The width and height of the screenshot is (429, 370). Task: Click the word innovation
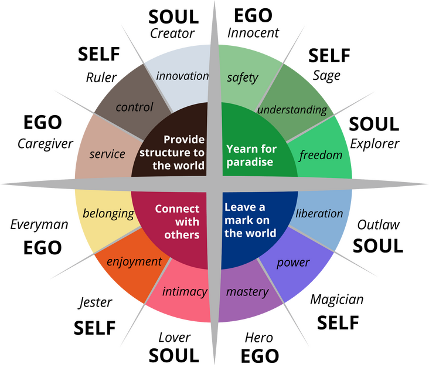(182, 76)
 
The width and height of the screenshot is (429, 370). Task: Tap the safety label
(242, 78)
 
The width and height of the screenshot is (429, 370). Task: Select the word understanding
(292, 110)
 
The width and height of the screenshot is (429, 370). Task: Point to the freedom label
(320, 156)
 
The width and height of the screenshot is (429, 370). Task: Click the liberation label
(319, 213)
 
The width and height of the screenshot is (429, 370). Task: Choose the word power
(293, 262)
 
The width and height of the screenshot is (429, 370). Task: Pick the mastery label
(247, 291)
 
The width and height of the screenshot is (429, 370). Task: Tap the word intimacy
(185, 291)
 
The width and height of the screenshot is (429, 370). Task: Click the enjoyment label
(134, 261)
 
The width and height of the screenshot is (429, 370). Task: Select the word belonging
(108, 213)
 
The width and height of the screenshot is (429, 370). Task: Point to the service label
(107, 154)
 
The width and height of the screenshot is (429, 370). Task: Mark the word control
(134, 107)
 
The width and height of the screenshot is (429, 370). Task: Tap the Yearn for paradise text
(251, 155)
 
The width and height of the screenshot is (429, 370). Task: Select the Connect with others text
(177, 222)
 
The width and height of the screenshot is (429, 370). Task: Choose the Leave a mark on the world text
(250, 220)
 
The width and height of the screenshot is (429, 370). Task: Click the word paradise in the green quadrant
(250, 162)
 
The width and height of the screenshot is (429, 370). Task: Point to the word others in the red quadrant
(182, 235)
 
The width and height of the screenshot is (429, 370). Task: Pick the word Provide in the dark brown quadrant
(184, 139)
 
